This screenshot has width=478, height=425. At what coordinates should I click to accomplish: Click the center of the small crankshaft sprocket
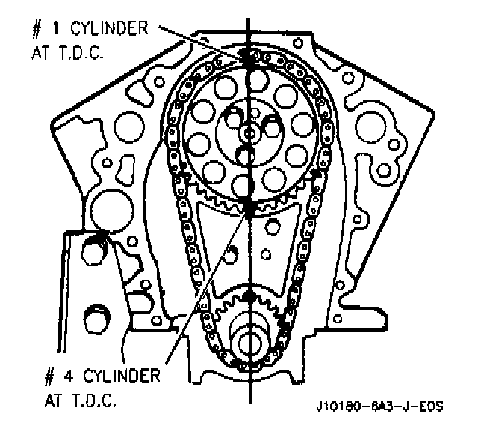pyautogui.click(x=248, y=340)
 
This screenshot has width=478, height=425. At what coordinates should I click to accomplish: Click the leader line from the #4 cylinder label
pyautogui.click(x=209, y=284)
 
